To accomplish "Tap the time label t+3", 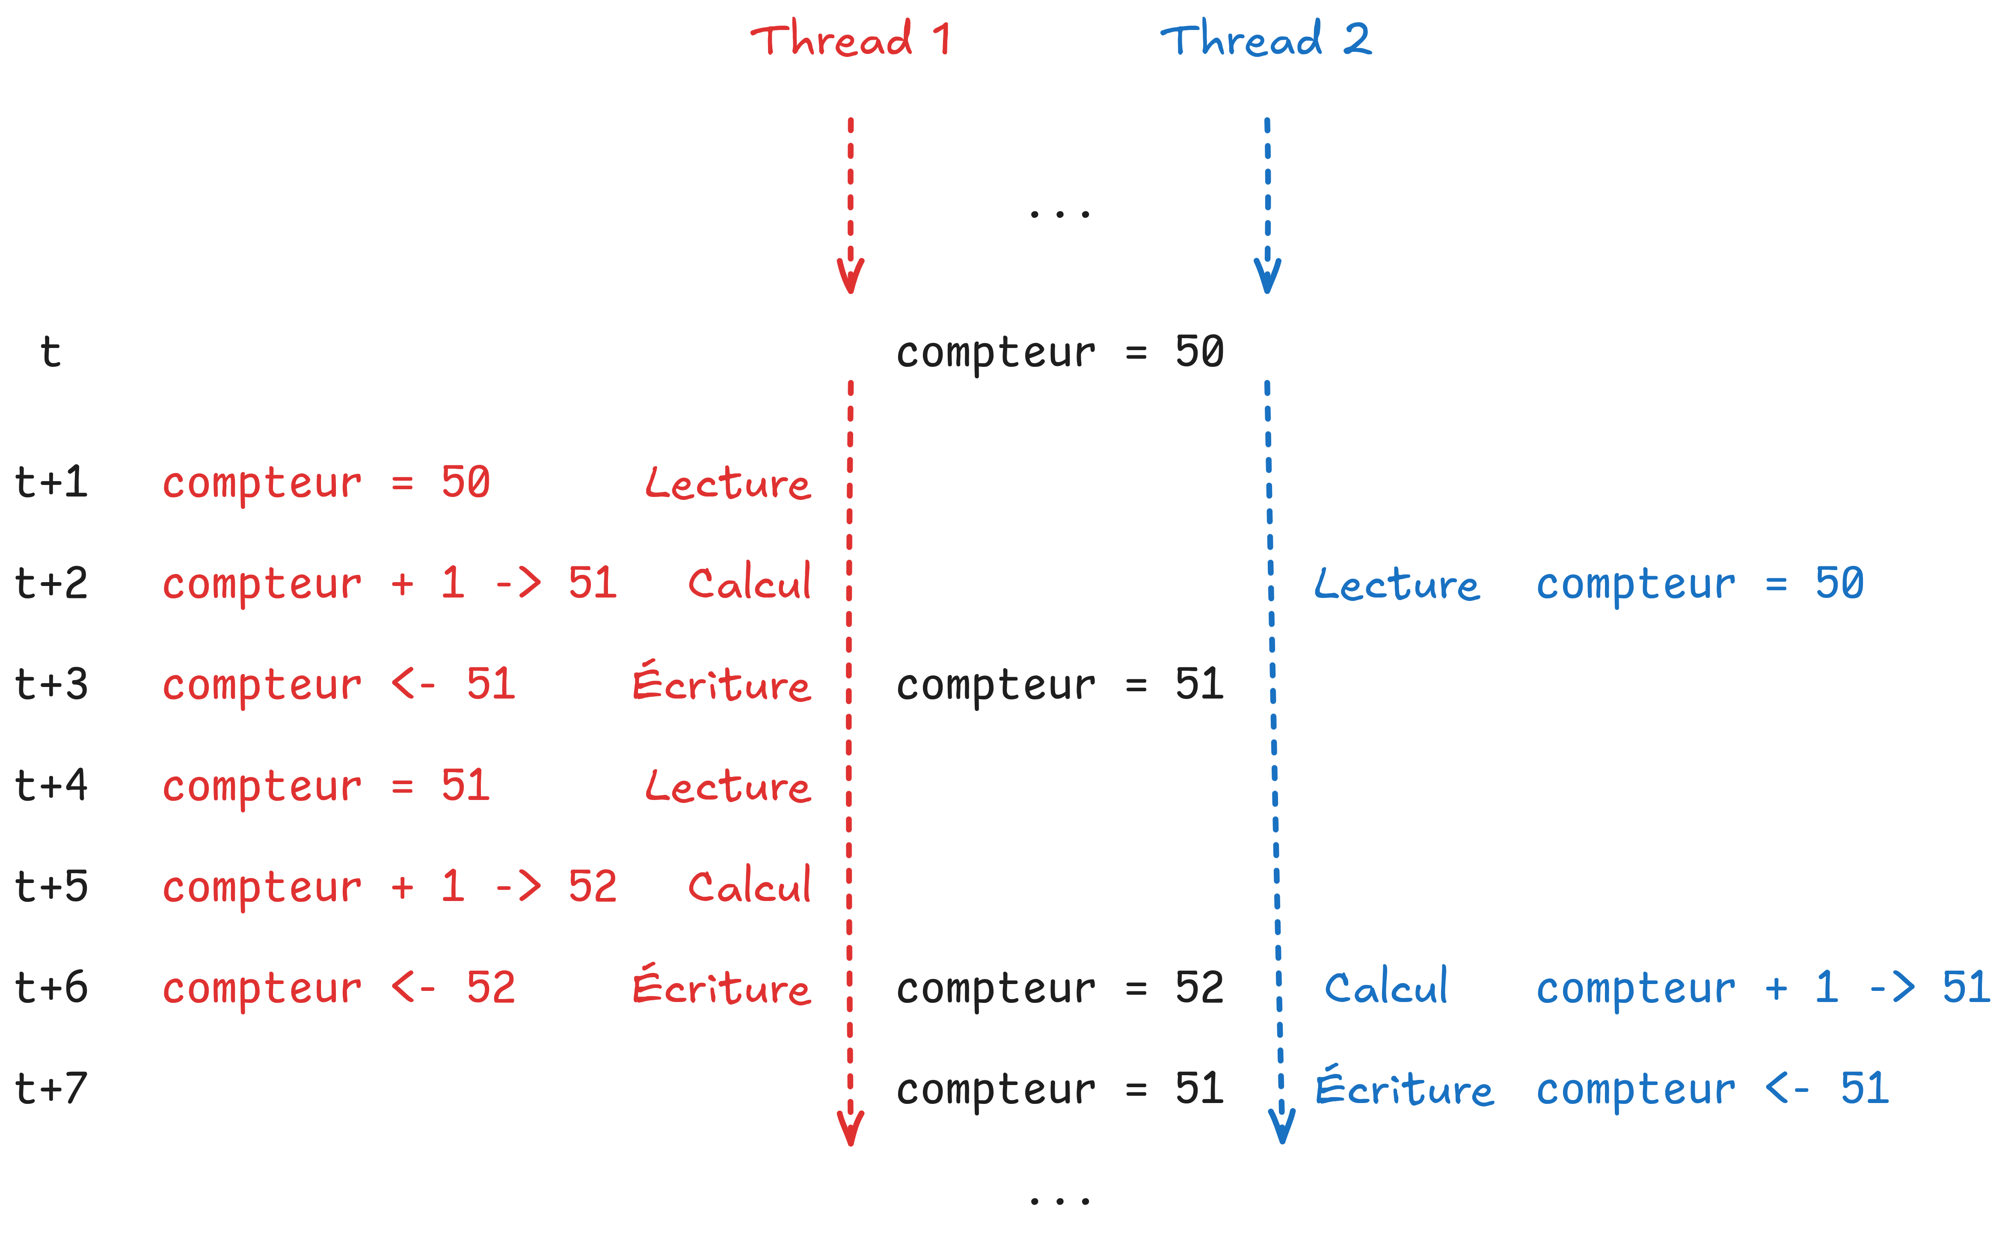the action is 51,684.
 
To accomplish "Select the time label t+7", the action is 51,1088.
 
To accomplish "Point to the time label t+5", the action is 51,886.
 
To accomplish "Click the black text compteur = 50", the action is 1060,353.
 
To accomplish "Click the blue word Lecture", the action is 1397,584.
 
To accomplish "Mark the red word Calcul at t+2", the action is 750,582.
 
